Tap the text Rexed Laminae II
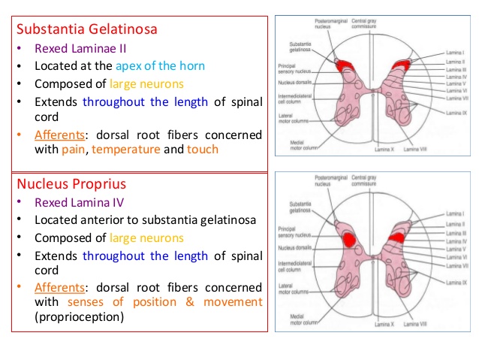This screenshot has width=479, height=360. [80, 49]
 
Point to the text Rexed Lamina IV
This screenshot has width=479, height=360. [78, 203]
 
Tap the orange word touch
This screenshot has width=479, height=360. [203, 150]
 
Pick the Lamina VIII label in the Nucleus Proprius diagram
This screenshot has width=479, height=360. [417, 325]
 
